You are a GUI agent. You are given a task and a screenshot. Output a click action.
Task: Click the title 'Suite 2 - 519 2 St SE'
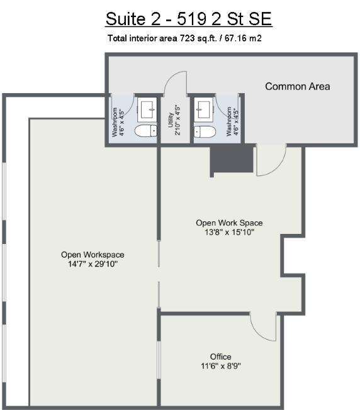[x=189, y=19]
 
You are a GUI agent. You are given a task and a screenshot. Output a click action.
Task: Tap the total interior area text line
[x=184, y=38]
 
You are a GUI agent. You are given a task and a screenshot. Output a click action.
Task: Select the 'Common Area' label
[x=298, y=87]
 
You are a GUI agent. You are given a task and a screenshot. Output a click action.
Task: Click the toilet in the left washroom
[x=146, y=130]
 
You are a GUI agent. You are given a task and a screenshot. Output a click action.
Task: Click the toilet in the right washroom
[x=205, y=131]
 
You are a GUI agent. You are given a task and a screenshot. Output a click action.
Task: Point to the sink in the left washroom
[x=147, y=109]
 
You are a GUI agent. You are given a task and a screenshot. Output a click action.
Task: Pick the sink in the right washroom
[x=203, y=109]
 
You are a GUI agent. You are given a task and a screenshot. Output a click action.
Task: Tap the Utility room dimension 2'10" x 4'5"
[x=177, y=120]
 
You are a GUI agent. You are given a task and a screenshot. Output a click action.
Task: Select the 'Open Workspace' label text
[x=93, y=255]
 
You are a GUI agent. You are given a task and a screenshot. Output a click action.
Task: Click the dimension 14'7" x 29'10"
[x=93, y=264]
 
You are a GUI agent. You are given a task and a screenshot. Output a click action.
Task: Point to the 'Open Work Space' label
[x=229, y=223]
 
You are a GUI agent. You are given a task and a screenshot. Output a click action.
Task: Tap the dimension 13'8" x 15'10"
[x=230, y=232]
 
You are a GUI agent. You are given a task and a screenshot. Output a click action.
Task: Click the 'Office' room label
[x=220, y=357]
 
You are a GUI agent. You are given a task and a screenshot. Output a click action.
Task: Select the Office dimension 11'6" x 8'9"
[x=221, y=366]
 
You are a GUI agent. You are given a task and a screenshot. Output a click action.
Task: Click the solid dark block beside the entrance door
[x=232, y=159]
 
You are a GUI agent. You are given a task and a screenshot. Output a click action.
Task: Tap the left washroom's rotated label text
[x=118, y=122]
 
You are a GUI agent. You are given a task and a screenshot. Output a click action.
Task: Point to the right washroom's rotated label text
[x=232, y=121]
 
